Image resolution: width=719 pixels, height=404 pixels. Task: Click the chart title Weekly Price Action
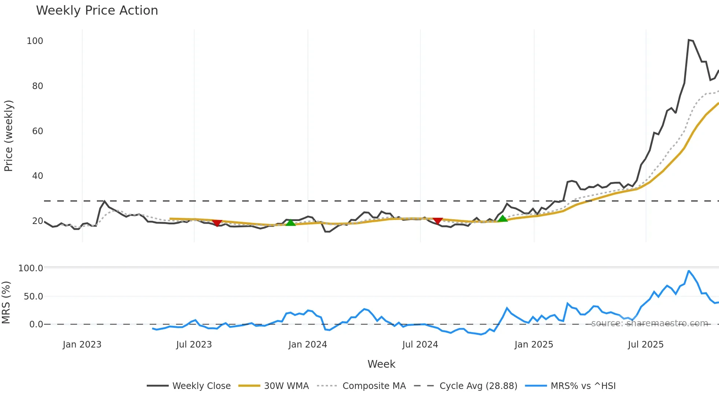(97, 11)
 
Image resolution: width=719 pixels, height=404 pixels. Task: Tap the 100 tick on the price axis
(35, 41)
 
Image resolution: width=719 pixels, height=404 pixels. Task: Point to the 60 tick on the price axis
(37, 131)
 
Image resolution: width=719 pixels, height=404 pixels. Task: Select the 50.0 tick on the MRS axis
(33, 296)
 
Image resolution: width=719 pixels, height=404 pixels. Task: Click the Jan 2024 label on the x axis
(307, 345)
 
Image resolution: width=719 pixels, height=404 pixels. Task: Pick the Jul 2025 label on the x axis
(646, 345)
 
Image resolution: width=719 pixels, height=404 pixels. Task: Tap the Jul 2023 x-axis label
(194, 345)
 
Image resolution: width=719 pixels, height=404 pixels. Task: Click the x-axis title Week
(381, 364)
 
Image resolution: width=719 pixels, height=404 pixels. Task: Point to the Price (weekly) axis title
(8, 136)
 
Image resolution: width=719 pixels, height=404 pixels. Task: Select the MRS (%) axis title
(6, 302)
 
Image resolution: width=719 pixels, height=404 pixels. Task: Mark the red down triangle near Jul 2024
(438, 221)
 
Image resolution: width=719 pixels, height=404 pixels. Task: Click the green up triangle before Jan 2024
(291, 223)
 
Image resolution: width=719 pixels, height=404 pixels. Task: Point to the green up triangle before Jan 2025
(503, 218)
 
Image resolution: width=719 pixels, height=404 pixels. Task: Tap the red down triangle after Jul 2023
(217, 223)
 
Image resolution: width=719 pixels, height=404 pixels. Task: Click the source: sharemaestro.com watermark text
(649, 323)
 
